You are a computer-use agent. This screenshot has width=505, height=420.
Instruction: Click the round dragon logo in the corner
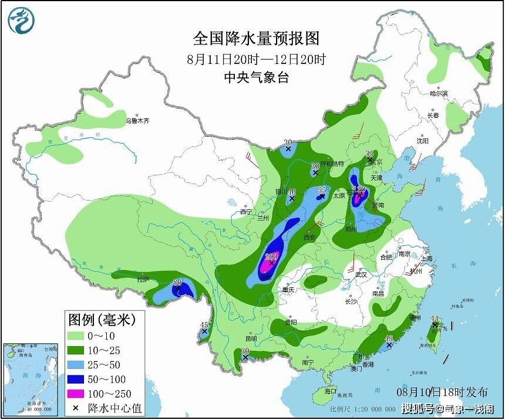21,21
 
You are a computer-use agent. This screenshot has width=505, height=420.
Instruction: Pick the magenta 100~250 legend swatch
76,394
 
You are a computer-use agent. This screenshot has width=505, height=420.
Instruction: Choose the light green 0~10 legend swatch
76,336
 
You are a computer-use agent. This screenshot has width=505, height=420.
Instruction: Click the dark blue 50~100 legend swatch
76,379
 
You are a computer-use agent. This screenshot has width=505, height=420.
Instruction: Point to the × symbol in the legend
76,408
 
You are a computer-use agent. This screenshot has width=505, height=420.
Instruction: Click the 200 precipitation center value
271,257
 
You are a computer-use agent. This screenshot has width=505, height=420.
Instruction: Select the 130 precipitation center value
359,190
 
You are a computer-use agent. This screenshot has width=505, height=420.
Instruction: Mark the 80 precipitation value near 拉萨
177,283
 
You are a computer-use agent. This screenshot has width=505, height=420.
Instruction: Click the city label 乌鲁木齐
137,121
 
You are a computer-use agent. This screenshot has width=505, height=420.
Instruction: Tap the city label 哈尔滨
438,94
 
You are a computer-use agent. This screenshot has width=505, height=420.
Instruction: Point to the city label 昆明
251,338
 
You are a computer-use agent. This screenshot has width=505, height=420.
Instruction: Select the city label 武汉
361,275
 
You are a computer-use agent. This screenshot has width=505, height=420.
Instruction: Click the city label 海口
331,391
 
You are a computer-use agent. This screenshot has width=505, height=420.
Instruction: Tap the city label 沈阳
422,141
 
